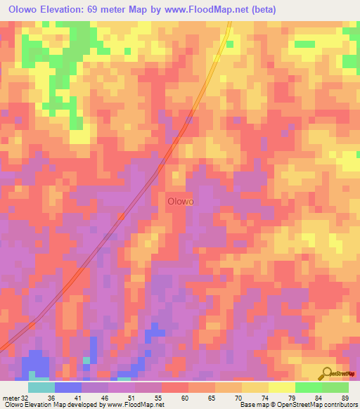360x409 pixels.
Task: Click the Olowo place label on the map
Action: [181, 201]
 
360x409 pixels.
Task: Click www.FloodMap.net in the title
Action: [202, 10]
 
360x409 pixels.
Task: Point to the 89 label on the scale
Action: [345, 396]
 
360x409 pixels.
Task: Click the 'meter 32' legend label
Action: [15, 396]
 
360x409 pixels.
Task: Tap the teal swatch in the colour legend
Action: [41, 387]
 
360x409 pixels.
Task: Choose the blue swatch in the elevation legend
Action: [68, 387]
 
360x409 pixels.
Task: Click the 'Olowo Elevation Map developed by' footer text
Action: [51, 405]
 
